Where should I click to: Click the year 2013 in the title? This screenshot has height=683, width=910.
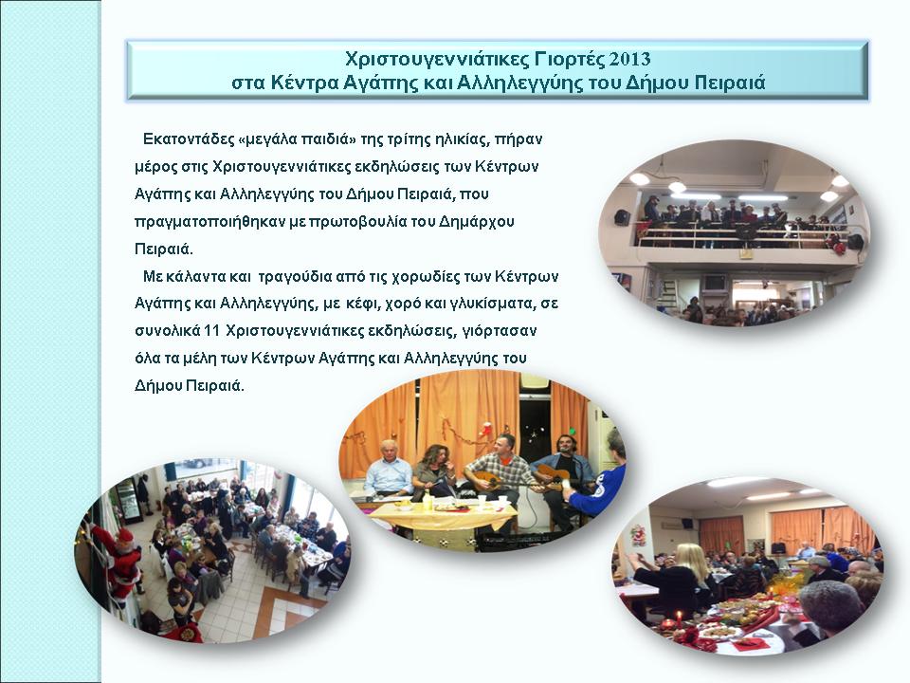pyautogui.click(x=629, y=59)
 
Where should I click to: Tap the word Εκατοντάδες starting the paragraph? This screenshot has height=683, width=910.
pyautogui.click(x=189, y=139)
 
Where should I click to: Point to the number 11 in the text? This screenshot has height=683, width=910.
pyautogui.click(x=212, y=331)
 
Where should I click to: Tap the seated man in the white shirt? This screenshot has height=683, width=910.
pyautogui.click(x=389, y=471)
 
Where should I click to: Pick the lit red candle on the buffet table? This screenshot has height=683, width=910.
pyautogui.click(x=679, y=619)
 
